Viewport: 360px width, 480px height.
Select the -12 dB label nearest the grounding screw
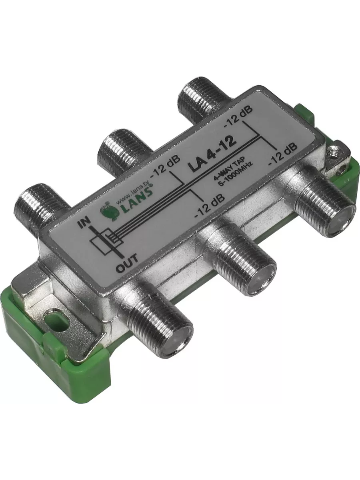(x=284, y=154)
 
